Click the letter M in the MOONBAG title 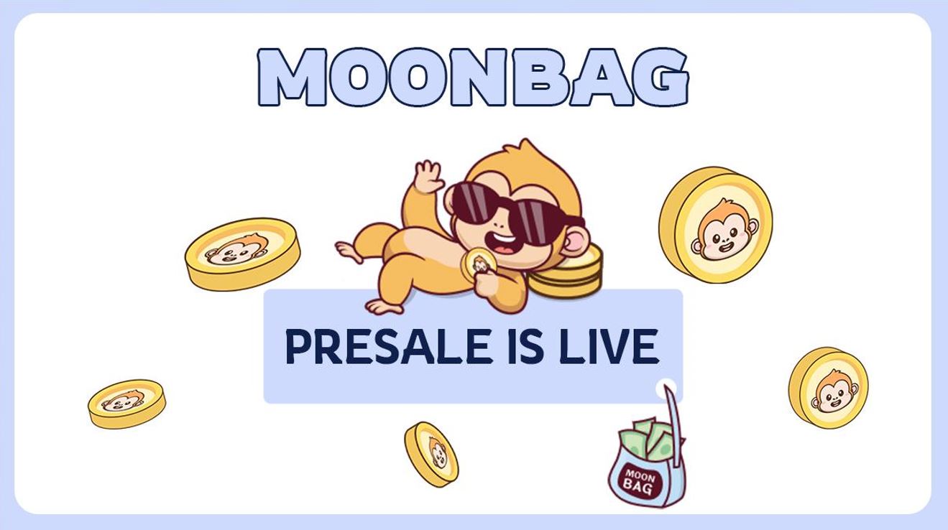coord(292,77)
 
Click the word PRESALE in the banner coord(389,346)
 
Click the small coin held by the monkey coord(478,264)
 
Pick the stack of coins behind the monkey coord(567,271)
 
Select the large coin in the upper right coord(716,225)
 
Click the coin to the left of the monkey coord(242,254)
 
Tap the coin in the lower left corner coord(127,403)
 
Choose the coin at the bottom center coord(431,454)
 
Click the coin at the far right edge coord(828,388)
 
